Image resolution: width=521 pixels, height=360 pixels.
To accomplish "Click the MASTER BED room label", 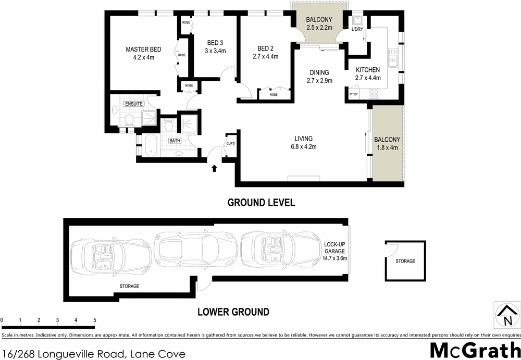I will pyautogui.click(x=143, y=49).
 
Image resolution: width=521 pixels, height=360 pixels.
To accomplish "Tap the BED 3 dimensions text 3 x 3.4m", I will pyautogui.click(x=215, y=51).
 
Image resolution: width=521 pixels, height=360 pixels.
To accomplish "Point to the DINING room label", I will pyautogui.click(x=319, y=72).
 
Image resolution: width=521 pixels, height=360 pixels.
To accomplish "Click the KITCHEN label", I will pyautogui.click(x=368, y=70).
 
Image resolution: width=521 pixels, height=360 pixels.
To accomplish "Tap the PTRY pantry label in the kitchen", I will pyautogui.click(x=354, y=94).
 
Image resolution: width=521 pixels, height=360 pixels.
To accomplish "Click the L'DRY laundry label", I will pyautogui.click(x=357, y=30).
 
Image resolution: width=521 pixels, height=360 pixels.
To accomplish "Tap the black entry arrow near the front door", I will pyautogui.click(x=214, y=168).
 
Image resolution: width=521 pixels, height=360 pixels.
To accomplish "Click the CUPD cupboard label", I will pyautogui.click(x=230, y=144).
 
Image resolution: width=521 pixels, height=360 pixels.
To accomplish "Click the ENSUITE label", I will pyautogui.click(x=133, y=104).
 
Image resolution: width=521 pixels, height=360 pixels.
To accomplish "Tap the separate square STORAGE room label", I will pyautogui.click(x=405, y=261).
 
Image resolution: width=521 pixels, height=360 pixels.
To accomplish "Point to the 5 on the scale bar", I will pyautogui.click(x=94, y=320).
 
